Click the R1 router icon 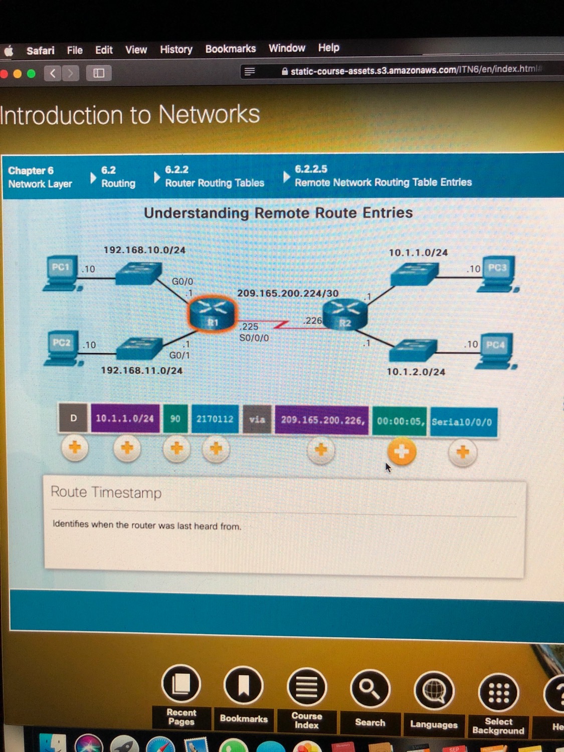click(213, 313)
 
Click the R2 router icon click(345, 315)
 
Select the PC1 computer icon click(62, 273)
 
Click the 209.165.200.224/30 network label click(288, 293)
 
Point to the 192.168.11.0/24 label click(142, 370)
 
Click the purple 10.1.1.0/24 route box click(125, 418)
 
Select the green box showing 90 click(175, 418)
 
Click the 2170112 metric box click(215, 419)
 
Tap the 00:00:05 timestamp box click(400, 421)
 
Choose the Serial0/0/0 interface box click(462, 422)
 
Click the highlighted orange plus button click(402, 452)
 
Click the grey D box click(73, 418)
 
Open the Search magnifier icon click(370, 690)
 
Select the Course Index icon click(306, 687)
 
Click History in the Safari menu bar click(176, 49)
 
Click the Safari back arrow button click(53, 73)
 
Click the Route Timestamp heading click(106, 492)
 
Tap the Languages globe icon click(434, 691)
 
